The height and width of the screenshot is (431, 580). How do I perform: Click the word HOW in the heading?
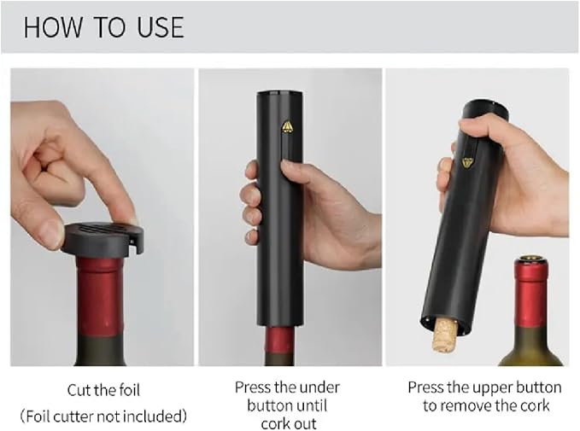click(53, 27)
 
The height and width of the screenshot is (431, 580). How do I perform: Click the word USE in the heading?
click(161, 27)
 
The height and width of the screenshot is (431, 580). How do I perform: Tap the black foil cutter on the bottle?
click(103, 238)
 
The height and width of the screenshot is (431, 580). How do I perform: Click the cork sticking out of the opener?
click(445, 336)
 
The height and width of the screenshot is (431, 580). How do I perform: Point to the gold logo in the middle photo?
click(287, 126)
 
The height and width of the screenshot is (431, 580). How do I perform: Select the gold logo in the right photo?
click(468, 163)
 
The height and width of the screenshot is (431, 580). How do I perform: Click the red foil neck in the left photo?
click(100, 296)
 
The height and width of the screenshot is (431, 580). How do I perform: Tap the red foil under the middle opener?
click(279, 340)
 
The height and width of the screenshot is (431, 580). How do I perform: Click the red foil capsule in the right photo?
click(531, 293)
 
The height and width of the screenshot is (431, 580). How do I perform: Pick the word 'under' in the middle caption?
click(319, 387)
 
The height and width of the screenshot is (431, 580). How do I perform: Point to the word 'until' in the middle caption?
click(313, 405)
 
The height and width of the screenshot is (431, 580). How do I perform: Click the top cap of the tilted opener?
click(485, 109)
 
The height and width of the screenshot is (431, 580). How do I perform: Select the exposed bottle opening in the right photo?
click(531, 259)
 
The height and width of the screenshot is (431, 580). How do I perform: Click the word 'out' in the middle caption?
click(305, 423)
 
